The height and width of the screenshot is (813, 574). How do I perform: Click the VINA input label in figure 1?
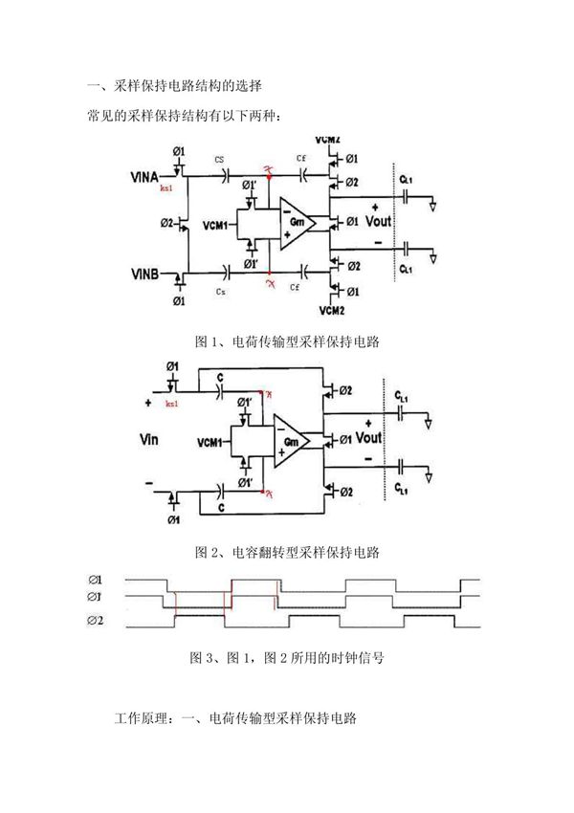[149, 177]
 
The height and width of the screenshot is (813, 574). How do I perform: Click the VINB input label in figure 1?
[149, 275]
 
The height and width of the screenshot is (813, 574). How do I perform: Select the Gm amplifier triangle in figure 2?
[291, 441]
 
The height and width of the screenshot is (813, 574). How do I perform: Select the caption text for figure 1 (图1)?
[287, 341]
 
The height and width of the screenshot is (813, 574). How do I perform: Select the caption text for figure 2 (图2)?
[287, 552]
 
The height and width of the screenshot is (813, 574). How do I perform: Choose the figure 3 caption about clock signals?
[287, 658]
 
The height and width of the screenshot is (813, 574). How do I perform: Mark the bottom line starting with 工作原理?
[235, 717]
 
